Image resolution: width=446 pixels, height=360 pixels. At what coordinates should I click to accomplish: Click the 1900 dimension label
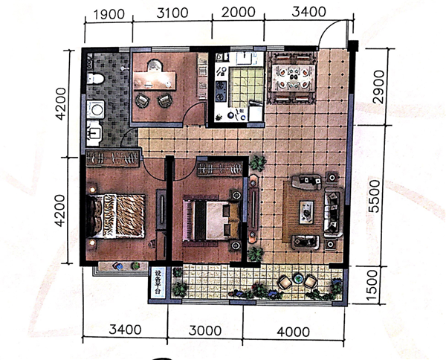109,14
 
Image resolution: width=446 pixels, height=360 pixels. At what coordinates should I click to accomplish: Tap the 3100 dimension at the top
172,13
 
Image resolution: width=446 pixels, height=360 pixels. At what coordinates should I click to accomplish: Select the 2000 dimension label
239,12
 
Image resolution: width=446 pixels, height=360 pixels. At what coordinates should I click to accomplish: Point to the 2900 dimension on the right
378,87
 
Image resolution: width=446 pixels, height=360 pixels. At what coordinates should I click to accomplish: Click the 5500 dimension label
375,196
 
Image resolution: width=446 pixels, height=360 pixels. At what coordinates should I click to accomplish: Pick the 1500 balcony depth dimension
372,286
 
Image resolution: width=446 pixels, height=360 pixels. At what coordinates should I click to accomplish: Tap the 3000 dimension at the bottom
205,331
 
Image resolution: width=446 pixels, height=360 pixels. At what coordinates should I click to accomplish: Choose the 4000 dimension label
294,332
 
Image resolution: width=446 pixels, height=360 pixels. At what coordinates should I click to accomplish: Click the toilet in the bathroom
95,78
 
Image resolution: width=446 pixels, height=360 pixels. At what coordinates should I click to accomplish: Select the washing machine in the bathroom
96,109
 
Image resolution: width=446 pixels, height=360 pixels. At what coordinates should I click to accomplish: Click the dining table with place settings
293,77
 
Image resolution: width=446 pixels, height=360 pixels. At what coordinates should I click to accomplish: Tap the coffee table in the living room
306,212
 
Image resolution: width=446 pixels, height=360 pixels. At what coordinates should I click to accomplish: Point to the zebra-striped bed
116,216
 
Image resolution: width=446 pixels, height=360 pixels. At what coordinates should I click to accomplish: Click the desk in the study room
155,80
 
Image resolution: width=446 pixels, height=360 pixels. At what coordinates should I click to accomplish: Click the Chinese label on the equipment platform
158,283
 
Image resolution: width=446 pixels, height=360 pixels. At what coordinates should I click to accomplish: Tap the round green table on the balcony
298,278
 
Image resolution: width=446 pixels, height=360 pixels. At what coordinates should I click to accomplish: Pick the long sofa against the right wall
333,212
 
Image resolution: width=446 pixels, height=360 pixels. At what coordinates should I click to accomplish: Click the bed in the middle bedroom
211,220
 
